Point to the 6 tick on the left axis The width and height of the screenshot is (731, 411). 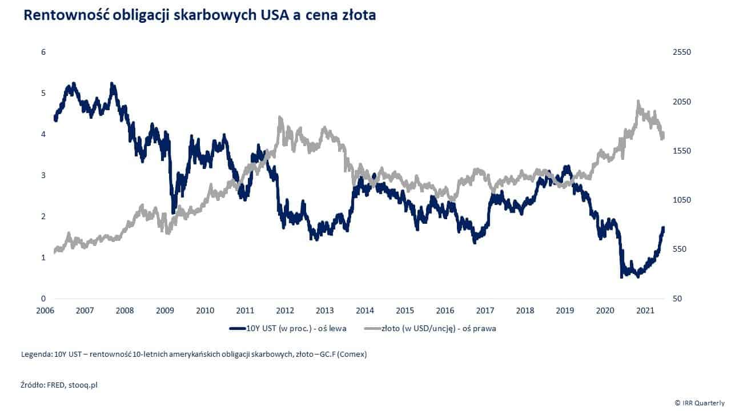43,52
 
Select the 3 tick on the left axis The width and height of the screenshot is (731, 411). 43,175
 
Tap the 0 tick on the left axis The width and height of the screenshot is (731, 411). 43,299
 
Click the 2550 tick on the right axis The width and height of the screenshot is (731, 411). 682,52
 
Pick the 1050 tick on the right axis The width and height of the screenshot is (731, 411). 682,200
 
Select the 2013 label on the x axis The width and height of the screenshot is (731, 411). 325,311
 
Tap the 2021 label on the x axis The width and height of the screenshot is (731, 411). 645,311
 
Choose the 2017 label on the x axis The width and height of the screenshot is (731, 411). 485,311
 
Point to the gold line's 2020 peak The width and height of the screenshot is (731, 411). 638,102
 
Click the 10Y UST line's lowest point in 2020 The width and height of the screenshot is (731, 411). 621,277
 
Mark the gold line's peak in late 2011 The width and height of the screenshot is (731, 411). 280,118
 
